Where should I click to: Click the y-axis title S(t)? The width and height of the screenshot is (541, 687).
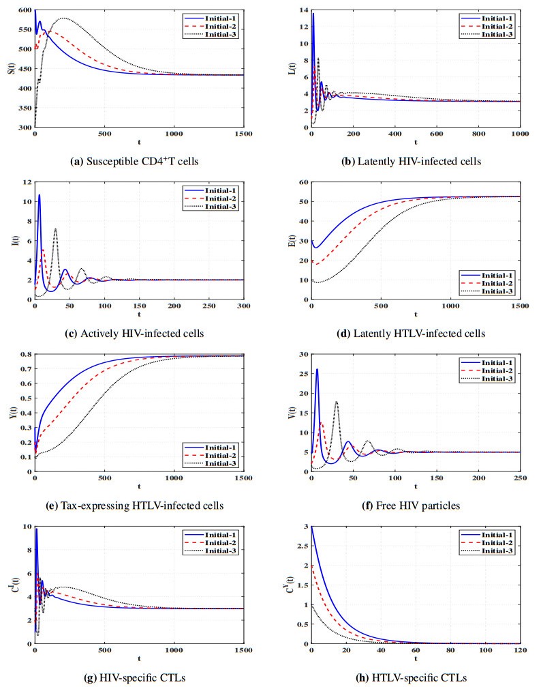[x=11, y=68]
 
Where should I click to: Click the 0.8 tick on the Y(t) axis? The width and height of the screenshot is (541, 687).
[x=24, y=354]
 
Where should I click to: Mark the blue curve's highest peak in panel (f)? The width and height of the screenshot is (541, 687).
[x=318, y=369]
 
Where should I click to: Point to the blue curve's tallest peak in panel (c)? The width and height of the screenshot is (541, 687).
[x=40, y=195]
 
